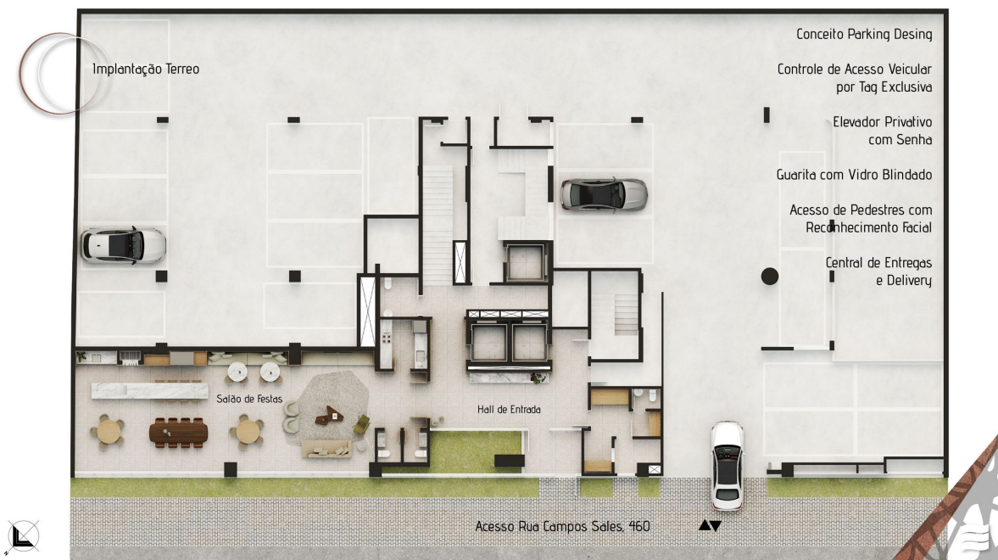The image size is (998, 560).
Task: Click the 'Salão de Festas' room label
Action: tap(248, 399)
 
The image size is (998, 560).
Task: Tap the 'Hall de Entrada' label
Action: tap(509, 410)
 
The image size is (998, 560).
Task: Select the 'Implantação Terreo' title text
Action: tap(146, 69)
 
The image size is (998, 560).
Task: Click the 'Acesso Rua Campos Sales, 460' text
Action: tap(562, 526)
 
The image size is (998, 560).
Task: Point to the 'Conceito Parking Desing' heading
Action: tap(864, 34)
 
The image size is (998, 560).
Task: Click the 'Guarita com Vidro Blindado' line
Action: tap(854, 175)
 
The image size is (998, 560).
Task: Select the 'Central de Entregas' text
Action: tap(878, 262)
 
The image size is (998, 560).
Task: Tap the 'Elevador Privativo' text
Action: tap(882, 121)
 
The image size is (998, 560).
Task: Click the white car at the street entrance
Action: tap(727, 465)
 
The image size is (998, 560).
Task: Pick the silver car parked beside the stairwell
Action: tap(604, 194)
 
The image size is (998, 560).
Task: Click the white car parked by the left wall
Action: tap(123, 245)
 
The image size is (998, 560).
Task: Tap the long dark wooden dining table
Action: tap(178, 433)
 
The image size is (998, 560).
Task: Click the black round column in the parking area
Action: tap(770, 276)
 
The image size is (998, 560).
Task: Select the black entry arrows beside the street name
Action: tap(710, 525)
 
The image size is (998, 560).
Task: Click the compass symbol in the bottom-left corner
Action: tap(23, 535)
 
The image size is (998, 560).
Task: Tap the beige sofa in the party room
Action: tap(326, 450)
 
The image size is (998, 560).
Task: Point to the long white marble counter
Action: tap(149, 390)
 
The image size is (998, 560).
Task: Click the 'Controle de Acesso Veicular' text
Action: tap(854, 69)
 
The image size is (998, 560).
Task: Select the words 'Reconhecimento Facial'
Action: tap(868, 227)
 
